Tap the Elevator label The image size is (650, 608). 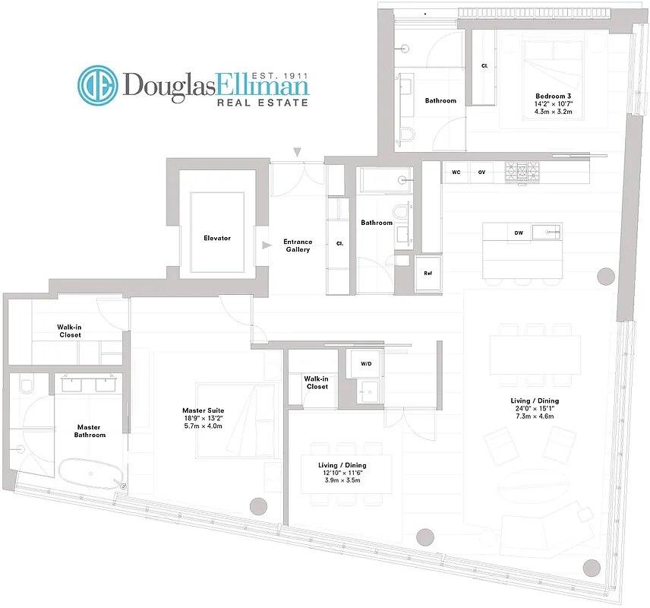[216, 238]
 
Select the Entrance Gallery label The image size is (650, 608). [298, 245]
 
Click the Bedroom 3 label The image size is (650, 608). [552, 96]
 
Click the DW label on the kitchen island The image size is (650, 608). [519, 233]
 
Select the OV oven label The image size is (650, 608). [481, 172]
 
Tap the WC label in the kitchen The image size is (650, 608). [456, 172]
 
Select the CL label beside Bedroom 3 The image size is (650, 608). [484, 66]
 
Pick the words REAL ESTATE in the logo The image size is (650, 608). [263, 102]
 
